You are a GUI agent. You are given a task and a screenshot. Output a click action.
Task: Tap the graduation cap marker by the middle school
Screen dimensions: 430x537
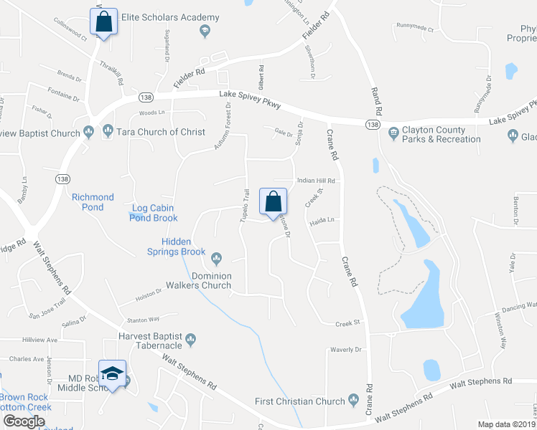tap(112, 373)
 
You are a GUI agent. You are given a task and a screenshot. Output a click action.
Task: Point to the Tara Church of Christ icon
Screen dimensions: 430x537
tap(108, 130)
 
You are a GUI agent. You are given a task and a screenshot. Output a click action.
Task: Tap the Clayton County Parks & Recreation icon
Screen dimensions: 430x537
tap(393, 133)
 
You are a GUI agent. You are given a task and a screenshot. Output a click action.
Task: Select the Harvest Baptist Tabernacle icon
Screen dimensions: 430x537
tap(190, 338)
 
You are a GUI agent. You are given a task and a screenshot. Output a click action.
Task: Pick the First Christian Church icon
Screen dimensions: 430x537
tap(352, 399)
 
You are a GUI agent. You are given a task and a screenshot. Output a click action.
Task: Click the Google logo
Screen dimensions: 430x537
tap(24, 421)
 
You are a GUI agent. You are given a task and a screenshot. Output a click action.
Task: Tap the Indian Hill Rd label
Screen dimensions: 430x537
tap(316, 181)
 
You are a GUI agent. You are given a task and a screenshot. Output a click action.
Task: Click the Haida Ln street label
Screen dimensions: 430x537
tap(323, 222)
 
